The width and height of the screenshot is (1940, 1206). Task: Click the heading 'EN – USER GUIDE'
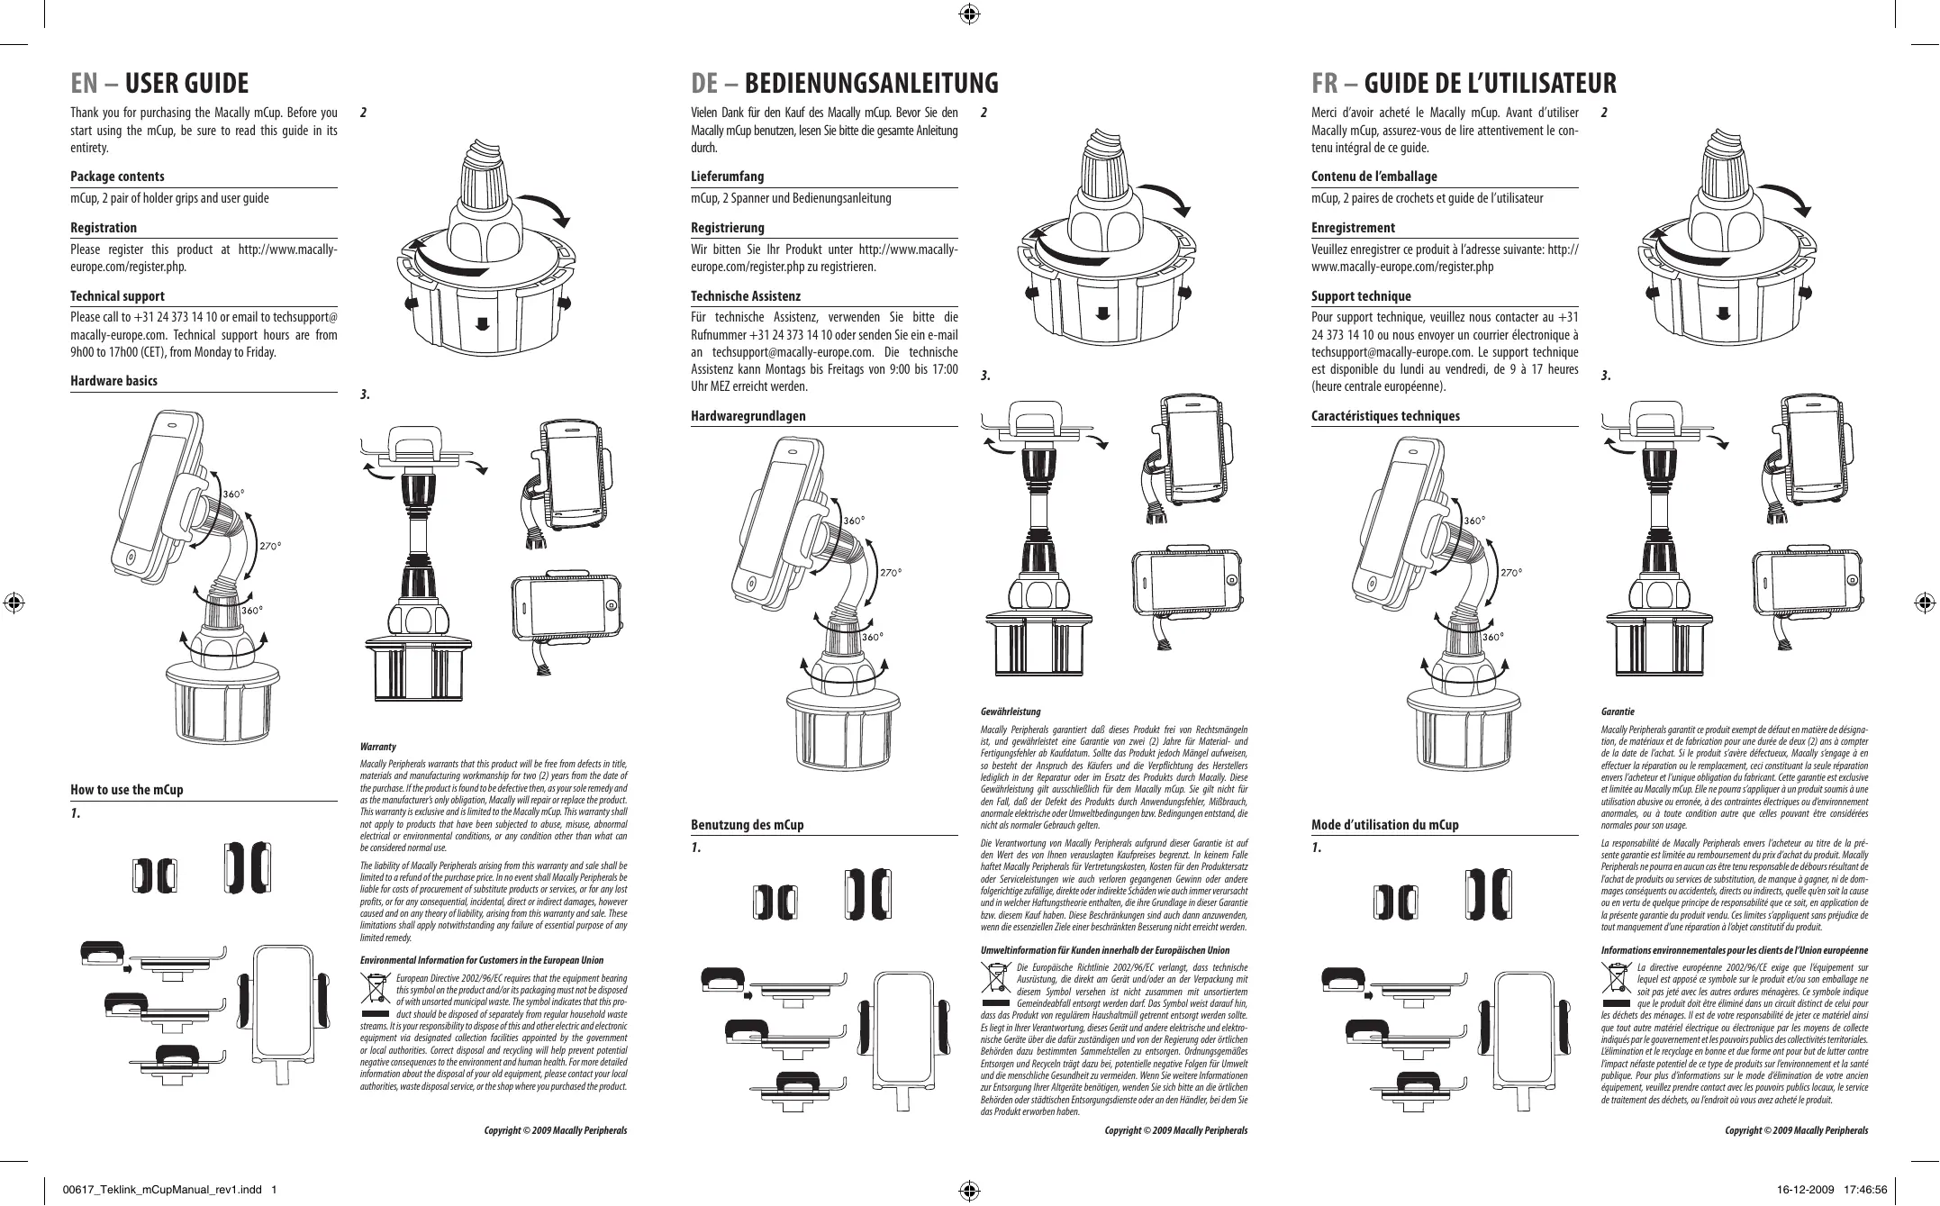point(159,84)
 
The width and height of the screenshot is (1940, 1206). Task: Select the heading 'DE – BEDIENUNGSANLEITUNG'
point(844,84)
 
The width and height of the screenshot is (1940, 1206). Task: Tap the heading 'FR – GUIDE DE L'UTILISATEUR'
point(1464,84)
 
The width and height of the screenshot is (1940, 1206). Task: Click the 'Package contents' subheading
point(117,177)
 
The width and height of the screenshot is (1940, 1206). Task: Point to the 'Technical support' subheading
point(117,296)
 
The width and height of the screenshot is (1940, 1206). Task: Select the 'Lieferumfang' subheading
point(727,177)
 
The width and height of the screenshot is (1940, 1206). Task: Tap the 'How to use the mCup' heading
point(126,790)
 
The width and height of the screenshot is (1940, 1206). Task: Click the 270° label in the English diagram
point(270,546)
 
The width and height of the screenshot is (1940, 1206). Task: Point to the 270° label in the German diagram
point(891,572)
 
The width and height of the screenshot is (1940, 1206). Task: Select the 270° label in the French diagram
point(1511,572)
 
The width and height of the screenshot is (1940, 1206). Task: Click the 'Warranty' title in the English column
point(377,747)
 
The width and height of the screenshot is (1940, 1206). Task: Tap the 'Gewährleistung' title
point(1010,712)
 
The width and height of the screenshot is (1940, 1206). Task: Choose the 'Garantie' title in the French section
point(1617,712)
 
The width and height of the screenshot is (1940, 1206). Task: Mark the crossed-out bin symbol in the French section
point(1616,981)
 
